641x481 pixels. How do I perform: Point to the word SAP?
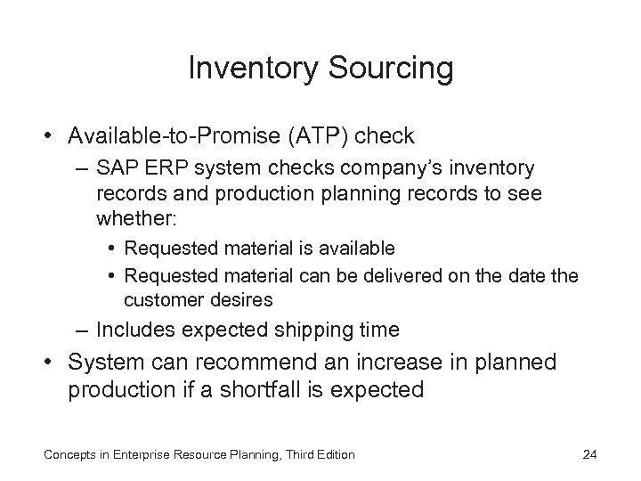click(116, 168)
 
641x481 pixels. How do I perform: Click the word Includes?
click(134, 330)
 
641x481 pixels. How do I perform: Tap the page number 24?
click(588, 455)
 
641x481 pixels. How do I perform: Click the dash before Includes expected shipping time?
click(82, 330)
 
